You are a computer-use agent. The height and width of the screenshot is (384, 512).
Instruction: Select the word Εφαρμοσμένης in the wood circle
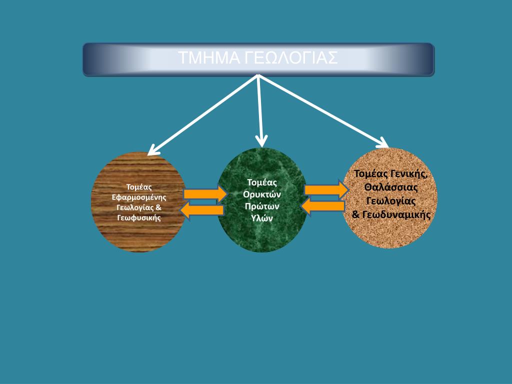(139, 197)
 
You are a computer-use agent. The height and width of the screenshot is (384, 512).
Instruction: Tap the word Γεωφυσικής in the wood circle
(139, 217)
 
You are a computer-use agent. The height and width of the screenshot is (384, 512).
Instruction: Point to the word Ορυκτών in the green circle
(262, 194)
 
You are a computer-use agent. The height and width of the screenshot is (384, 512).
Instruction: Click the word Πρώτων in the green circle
(262, 206)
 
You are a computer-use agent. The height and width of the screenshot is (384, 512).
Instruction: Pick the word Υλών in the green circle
(262, 218)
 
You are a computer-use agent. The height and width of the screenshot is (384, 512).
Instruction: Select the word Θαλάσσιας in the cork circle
(391, 187)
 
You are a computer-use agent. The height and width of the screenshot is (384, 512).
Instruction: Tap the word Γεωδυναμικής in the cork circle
(396, 214)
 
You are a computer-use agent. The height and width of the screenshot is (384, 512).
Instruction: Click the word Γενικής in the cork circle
(409, 174)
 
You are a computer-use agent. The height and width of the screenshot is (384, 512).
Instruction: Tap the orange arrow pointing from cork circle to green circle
(322, 206)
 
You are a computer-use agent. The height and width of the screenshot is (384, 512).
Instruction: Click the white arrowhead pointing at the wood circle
(153, 150)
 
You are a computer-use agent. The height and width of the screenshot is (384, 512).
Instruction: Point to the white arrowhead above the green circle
(261, 141)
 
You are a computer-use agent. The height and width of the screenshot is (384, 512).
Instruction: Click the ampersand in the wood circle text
(158, 207)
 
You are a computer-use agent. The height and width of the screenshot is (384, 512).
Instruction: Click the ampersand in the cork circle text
(356, 214)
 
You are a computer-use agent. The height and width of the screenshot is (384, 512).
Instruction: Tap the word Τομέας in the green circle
(262, 182)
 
